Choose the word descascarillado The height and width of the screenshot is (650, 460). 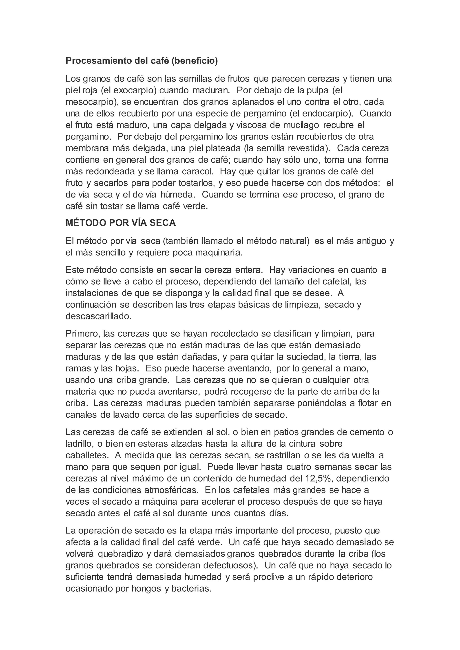click(99, 316)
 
